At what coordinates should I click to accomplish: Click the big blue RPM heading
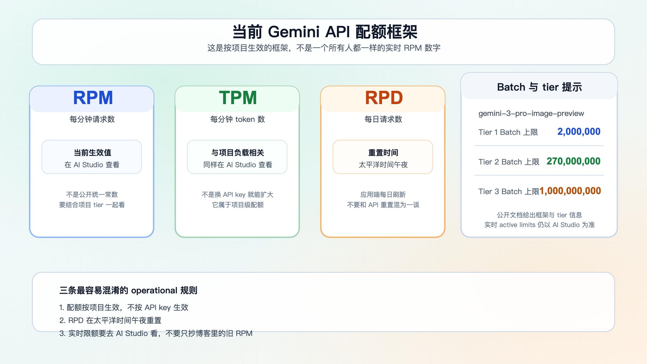[93, 98]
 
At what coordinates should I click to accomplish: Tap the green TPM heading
[238, 98]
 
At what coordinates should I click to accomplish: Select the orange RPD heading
[384, 98]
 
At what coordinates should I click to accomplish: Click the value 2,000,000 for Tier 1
[579, 132]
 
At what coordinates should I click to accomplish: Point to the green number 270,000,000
[573, 161]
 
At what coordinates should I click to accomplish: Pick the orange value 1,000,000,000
[570, 191]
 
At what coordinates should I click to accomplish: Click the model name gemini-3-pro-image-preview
[531, 114]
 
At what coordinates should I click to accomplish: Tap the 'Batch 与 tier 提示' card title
[539, 87]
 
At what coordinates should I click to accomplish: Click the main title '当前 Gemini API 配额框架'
[325, 32]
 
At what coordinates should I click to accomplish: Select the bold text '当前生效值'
[92, 153]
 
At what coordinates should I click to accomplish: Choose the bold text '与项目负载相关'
[238, 153]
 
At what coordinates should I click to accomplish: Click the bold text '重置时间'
[383, 153]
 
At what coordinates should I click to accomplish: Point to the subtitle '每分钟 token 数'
[238, 119]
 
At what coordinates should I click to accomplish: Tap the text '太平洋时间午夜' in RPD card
[383, 165]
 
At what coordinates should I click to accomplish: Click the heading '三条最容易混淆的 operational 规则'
[128, 290]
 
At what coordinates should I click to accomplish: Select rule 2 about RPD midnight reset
[110, 320]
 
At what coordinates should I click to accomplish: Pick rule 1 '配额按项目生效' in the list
[124, 307]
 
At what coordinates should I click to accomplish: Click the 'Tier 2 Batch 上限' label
[509, 162]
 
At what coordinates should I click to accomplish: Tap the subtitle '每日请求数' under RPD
[383, 119]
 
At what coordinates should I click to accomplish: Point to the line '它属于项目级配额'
[238, 205]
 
